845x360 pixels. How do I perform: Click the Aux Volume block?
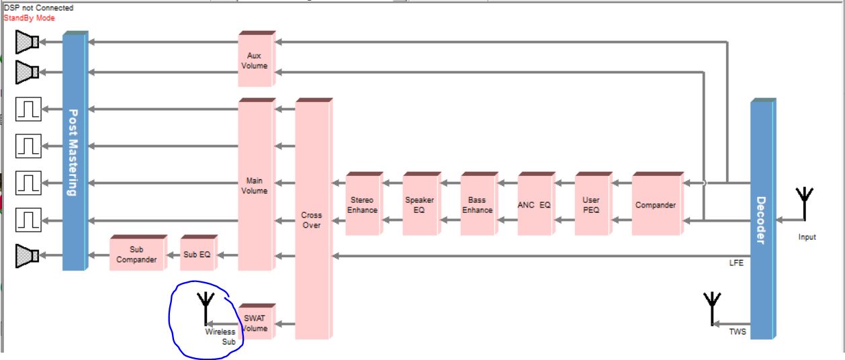[255, 60]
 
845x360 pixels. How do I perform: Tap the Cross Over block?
[312, 220]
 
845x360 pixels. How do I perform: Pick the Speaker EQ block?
[420, 205]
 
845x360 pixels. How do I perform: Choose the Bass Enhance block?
[477, 205]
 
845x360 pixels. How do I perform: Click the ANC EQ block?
[535, 205]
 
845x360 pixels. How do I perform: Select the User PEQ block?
[592, 205]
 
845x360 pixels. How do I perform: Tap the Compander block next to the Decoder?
[656, 205]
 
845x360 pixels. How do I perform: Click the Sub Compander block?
[137, 255]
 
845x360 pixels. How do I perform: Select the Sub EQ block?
[197, 255]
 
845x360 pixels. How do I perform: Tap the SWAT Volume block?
[255, 324]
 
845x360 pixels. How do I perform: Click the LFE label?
[737, 263]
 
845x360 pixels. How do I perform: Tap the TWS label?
[738, 331]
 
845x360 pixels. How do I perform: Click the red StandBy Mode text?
[29, 18]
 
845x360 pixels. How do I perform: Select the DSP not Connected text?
[38, 8]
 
